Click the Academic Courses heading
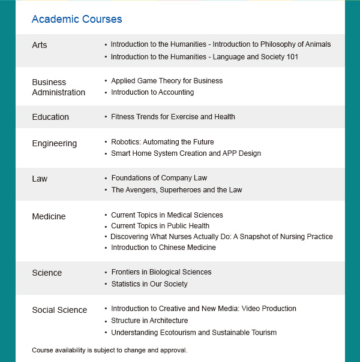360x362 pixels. click(x=77, y=19)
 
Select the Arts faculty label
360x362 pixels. click(x=40, y=45)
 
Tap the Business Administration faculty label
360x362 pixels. click(x=58, y=87)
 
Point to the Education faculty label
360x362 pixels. click(x=50, y=117)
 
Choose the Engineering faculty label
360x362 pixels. click(x=55, y=143)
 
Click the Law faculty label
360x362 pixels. click(x=40, y=179)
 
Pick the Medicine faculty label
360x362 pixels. click(x=49, y=216)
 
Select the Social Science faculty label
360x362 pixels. click(x=59, y=310)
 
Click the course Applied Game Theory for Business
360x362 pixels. click(x=167, y=81)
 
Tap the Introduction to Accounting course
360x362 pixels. click(x=152, y=92)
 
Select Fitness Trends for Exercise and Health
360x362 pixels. click(x=173, y=117)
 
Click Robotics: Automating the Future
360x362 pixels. click(x=163, y=142)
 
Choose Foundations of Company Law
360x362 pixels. click(x=159, y=178)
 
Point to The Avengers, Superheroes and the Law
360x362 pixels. click(x=176, y=190)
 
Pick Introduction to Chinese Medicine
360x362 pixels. click(x=163, y=248)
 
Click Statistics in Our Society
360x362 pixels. click(x=149, y=284)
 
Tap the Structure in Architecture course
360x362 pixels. click(x=149, y=321)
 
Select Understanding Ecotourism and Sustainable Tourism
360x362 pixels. click(x=194, y=333)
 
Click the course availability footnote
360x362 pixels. click(x=110, y=350)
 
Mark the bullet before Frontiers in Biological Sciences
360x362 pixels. click(x=106, y=273)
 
